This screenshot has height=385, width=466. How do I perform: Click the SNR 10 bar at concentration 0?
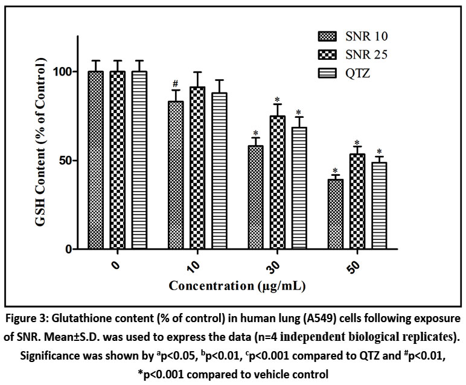click(95, 160)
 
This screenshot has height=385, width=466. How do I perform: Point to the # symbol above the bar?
click(175, 84)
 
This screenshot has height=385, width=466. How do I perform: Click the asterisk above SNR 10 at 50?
click(335, 171)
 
